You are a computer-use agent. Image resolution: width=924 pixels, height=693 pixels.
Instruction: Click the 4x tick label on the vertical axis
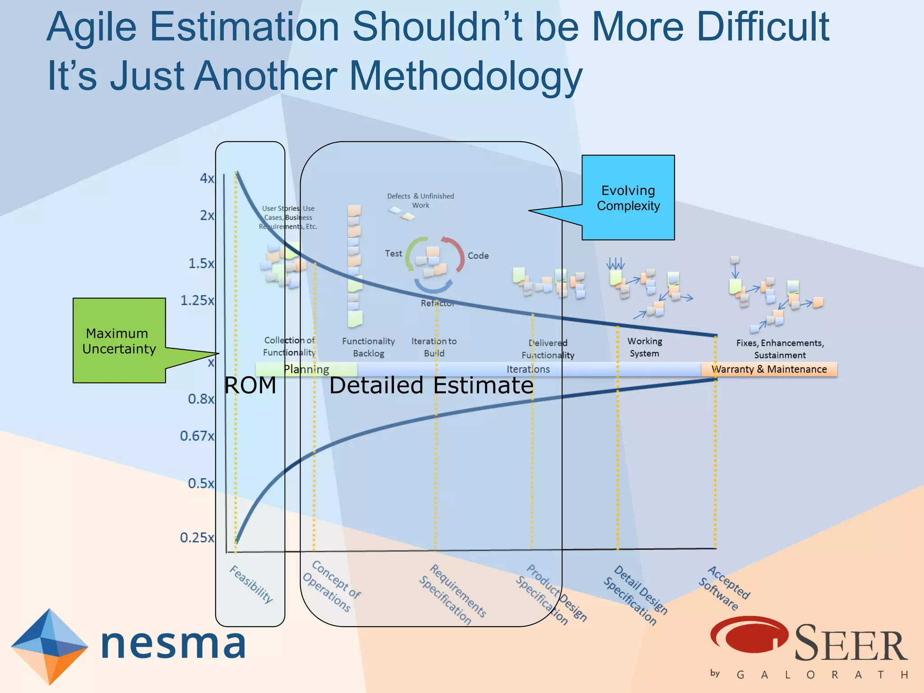[x=207, y=178]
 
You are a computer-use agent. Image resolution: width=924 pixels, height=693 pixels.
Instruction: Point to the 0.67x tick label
[x=197, y=436]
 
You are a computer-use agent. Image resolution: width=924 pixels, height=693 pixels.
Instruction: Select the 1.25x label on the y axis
[x=197, y=300]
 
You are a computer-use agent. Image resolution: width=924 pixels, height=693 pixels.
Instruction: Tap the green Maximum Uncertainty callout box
[x=119, y=341]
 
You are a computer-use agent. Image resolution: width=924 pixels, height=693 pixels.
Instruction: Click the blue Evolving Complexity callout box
[x=628, y=198]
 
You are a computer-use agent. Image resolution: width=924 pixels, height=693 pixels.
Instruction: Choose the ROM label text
[x=250, y=386]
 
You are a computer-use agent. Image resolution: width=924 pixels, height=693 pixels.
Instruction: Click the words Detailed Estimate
[x=431, y=386]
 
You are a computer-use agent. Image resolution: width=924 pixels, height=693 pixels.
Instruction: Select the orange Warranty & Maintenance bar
[x=769, y=369]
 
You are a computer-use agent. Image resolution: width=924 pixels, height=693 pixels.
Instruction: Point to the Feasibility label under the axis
[x=251, y=584]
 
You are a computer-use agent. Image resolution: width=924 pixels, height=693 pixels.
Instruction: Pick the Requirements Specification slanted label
[x=453, y=595]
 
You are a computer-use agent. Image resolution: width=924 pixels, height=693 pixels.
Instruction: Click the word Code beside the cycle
[x=478, y=256]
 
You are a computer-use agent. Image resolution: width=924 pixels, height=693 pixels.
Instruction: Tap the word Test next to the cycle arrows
[x=393, y=254]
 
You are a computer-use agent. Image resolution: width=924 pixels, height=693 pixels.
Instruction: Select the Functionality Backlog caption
[x=368, y=347]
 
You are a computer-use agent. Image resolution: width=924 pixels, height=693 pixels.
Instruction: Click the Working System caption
[x=645, y=347]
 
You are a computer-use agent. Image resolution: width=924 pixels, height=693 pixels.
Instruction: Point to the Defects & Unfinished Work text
[x=420, y=200]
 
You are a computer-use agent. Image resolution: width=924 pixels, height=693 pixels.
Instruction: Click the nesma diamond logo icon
[x=49, y=646]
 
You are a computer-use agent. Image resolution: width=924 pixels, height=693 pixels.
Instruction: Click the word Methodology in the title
[x=466, y=76]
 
